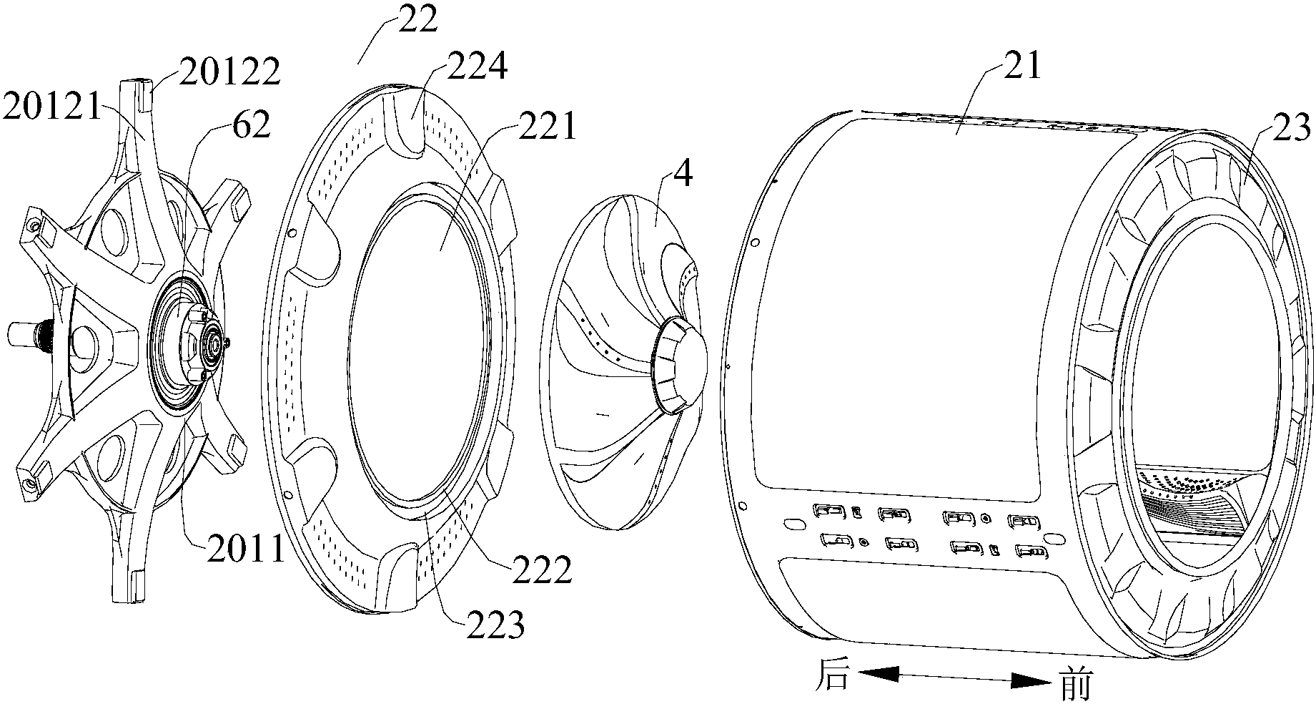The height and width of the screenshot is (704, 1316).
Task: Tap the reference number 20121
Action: point(53,108)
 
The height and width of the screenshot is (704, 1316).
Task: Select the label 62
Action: point(250,126)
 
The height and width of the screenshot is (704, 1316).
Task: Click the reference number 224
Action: point(478,67)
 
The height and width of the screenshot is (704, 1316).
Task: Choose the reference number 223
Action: point(495,626)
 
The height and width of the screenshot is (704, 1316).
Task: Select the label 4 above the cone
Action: point(683,175)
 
